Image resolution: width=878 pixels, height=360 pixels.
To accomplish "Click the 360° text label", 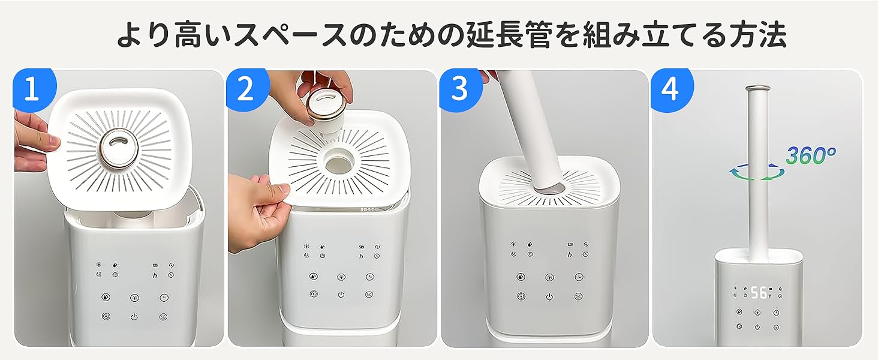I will [810, 155].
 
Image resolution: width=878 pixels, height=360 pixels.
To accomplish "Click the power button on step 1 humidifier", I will [134, 317].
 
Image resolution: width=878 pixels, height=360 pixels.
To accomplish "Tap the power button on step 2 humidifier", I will [341, 295].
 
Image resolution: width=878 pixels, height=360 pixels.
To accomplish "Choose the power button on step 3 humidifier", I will [549, 296].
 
